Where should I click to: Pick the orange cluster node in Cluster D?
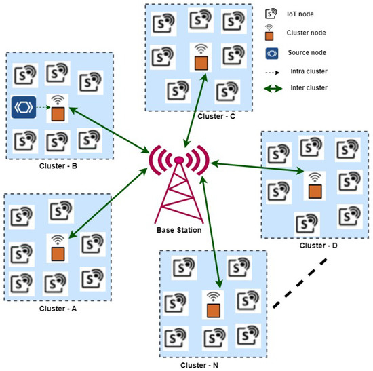coord(313,191)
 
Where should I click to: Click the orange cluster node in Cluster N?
coord(214,309)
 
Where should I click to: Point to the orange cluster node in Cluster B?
coord(59,113)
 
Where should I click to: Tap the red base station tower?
coord(178,183)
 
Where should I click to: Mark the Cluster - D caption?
coord(318,245)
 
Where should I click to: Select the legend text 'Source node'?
coord(307,52)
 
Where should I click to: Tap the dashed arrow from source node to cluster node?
coord(43,108)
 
